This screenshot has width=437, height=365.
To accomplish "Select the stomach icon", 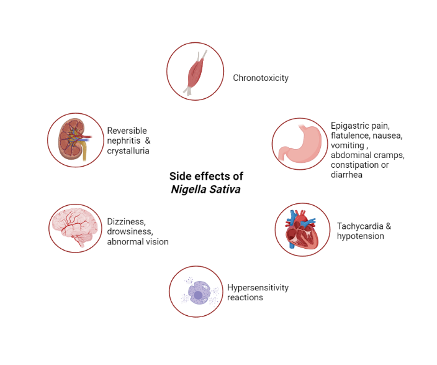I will [x=299, y=146].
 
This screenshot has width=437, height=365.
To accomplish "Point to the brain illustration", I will [x=75, y=227].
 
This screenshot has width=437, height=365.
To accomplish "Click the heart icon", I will [x=302, y=229].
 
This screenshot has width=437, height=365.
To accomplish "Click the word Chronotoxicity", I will [x=261, y=78].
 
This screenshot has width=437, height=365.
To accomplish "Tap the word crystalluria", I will [x=128, y=151].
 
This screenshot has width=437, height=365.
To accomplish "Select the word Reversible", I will [x=127, y=131].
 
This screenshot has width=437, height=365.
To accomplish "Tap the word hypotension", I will [x=361, y=236].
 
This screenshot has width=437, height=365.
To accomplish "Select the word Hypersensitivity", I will [x=258, y=287].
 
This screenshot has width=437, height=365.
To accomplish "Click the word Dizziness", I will [x=126, y=221].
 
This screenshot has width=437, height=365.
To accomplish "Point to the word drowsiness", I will [x=129, y=231].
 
